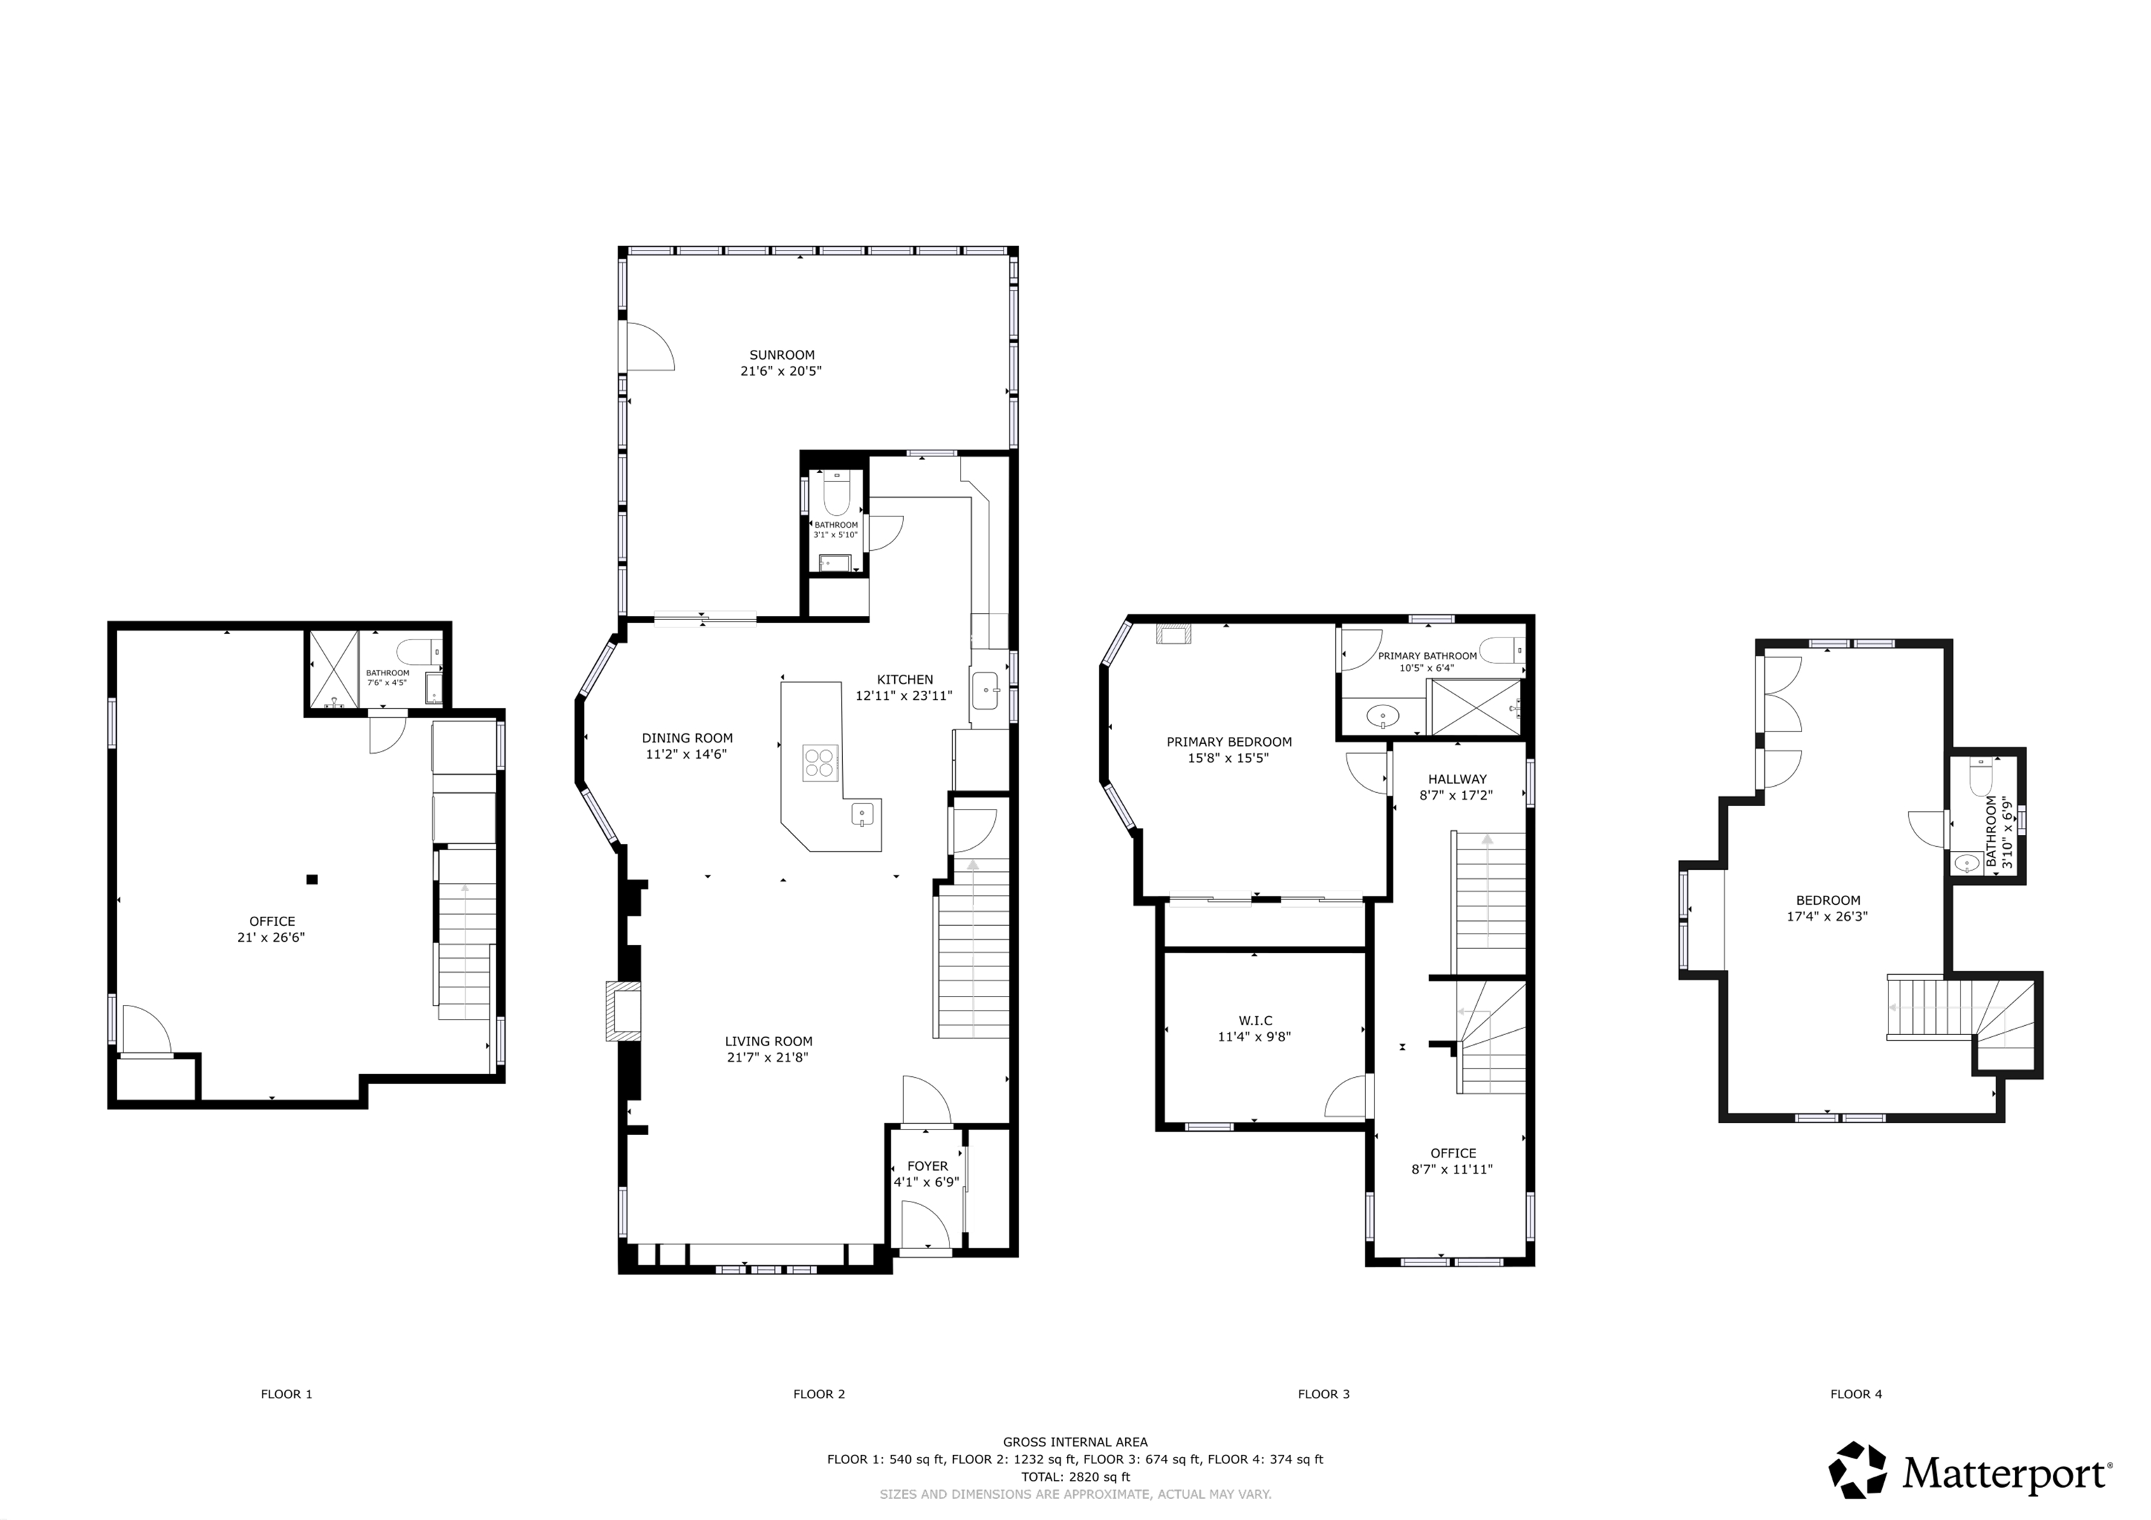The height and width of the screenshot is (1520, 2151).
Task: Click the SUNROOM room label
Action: coord(781,355)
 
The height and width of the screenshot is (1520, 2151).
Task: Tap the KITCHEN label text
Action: coord(904,680)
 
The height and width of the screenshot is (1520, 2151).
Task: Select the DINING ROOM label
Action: coord(687,738)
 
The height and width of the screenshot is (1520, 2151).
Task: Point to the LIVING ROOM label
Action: coord(768,1041)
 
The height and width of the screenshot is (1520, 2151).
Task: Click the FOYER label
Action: coord(928,1166)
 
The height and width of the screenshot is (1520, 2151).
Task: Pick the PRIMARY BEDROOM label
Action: coord(1228,742)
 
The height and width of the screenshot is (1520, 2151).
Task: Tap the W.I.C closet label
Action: coord(1255,1021)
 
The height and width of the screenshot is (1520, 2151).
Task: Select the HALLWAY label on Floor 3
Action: coord(1457,779)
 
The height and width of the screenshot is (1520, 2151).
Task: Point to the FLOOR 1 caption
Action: coord(286,1395)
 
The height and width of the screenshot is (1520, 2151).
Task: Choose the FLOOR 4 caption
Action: coord(1856,1395)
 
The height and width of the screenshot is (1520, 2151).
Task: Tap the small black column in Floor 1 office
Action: coord(312,880)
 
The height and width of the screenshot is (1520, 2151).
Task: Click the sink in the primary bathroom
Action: coord(1383,718)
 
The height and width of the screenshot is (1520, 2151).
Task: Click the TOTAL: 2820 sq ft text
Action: coord(1075,1477)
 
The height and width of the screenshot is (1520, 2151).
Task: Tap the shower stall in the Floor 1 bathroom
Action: coord(333,670)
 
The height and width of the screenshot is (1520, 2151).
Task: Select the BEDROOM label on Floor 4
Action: coord(1828,901)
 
